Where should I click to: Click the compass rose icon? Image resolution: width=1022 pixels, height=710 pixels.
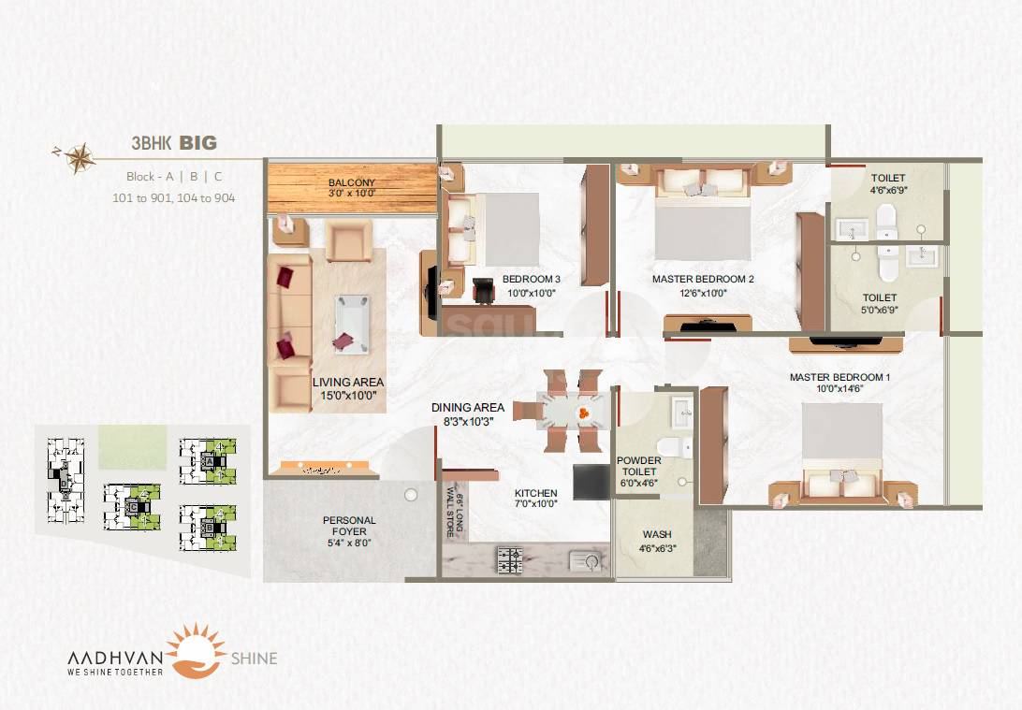click(x=81, y=155)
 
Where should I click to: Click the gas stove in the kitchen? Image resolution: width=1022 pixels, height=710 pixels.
click(x=510, y=561)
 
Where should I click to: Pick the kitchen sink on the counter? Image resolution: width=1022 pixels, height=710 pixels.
click(x=591, y=561)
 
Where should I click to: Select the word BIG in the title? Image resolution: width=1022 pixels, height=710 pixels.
click(x=197, y=143)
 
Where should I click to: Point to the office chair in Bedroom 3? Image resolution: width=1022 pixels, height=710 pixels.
click(x=485, y=292)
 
